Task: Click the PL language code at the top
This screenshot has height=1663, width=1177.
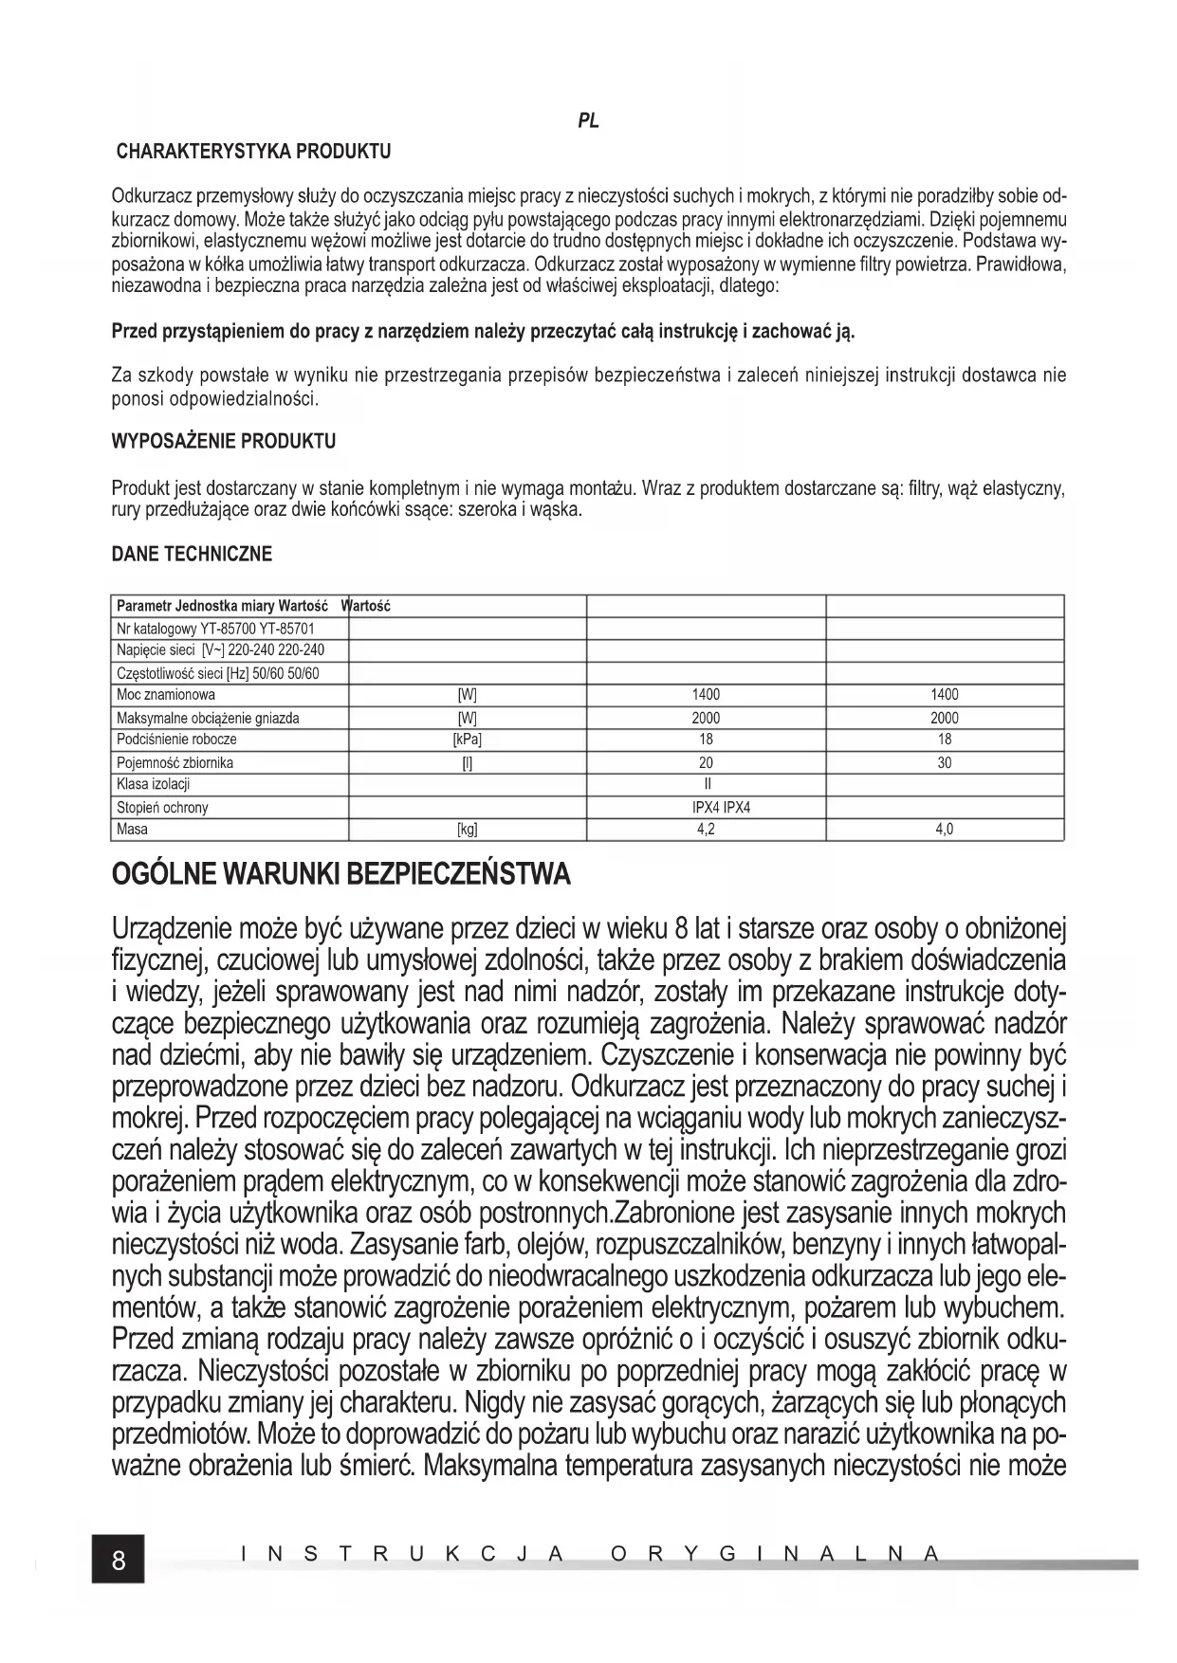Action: click(588, 122)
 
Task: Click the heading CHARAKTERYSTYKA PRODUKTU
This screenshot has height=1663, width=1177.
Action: click(252, 152)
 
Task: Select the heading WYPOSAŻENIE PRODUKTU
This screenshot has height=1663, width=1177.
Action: click(223, 442)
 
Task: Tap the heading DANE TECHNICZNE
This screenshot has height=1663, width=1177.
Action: click(192, 554)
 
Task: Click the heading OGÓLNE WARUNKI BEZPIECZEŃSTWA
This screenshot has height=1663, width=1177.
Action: click(341, 873)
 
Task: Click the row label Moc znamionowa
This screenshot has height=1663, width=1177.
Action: click(166, 695)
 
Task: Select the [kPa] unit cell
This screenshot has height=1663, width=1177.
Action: click(468, 740)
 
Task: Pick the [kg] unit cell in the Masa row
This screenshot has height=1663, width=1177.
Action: click(468, 830)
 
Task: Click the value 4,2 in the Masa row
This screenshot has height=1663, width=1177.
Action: click(706, 830)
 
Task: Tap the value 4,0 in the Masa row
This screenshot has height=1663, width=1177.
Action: click(944, 830)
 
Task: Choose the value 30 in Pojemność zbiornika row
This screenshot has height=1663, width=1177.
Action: click(944, 762)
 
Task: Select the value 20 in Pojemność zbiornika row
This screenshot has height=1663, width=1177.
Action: click(706, 762)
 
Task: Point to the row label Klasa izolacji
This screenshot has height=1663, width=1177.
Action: click(154, 784)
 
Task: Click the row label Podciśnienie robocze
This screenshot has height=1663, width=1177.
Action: click(176, 740)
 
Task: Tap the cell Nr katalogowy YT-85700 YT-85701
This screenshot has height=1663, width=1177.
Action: click(215, 628)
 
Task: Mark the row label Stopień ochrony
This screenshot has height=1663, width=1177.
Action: click(162, 808)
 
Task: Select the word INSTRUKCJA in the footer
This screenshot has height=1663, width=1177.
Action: click(402, 1554)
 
